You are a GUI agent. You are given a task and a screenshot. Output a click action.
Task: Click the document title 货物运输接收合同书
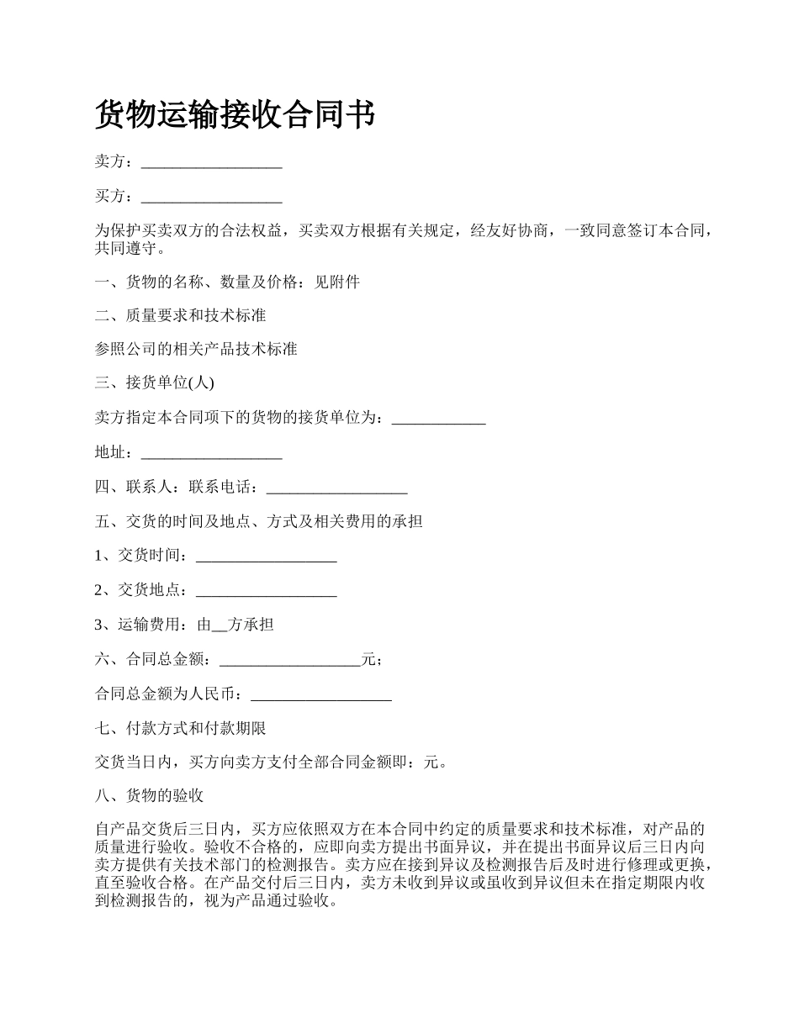point(235,114)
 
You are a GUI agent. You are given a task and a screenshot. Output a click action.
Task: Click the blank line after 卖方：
point(211,162)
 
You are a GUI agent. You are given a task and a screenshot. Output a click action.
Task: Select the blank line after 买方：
point(211,197)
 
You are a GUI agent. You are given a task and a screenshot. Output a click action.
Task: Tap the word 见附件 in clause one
point(337,282)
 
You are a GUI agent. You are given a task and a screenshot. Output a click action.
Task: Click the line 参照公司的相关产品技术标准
point(196,349)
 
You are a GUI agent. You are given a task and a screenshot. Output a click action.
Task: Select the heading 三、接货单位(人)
point(155,383)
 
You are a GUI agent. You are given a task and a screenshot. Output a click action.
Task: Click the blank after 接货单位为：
point(439,418)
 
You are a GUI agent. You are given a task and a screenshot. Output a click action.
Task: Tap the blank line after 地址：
point(211,452)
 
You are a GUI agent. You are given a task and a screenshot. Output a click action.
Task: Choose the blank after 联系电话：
point(336,487)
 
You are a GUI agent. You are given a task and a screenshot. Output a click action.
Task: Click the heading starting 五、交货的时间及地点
point(259,521)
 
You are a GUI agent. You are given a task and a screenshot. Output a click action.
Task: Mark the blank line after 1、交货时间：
point(266,556)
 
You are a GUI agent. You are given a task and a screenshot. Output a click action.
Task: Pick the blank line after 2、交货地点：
point(266,590)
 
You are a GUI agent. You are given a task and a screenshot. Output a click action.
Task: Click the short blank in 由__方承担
point(220,625)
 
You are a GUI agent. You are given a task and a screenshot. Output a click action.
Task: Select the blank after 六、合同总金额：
point(289,660)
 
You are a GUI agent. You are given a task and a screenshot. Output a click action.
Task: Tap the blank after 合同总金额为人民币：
point(321,694)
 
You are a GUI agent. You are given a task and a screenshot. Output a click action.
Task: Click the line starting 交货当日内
point(271,762)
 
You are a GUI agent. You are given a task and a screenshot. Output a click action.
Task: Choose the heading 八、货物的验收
point(149,796)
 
